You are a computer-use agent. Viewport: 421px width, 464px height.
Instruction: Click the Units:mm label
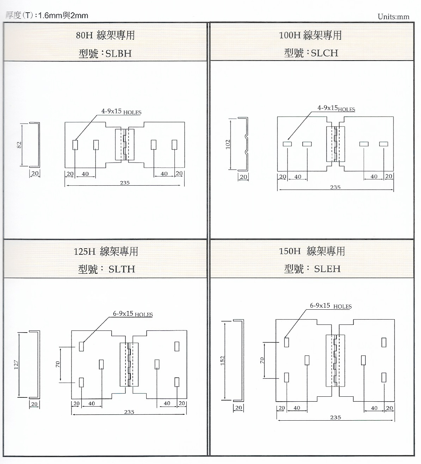(x=393, y=17)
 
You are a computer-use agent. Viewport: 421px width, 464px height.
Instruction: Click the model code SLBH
(x=118, y=54)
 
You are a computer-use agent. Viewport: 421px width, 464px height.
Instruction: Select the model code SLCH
(x=324, y=53)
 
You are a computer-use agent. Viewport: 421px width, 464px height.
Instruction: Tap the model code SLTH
(x=122, y=269)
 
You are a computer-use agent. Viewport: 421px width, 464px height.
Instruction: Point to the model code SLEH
(x=327, y=269)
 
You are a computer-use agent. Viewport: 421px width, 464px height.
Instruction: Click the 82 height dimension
(x=20, y=144)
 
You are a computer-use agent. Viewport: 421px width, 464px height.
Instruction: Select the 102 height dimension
(x=228, y=144)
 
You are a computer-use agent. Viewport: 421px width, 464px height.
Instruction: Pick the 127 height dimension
(x=16, y=364)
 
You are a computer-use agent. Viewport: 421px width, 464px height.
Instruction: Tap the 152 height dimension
(x=223, y=360)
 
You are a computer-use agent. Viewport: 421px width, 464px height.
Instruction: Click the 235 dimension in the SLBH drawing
(x=125, y=183)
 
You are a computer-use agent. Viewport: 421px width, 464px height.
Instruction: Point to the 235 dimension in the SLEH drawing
(x=335, y=417)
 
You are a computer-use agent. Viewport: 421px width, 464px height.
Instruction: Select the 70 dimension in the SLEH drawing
(x=262, y=360)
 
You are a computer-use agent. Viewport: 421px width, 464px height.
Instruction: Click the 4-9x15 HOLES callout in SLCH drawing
(x=336, y=109)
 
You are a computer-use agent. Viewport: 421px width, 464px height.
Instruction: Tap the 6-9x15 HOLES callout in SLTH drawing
(x=132, y=314)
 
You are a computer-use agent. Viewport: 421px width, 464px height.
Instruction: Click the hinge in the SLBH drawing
(x=125, y=145)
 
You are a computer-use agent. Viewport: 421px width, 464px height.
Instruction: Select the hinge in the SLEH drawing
(x=335, y=360)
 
